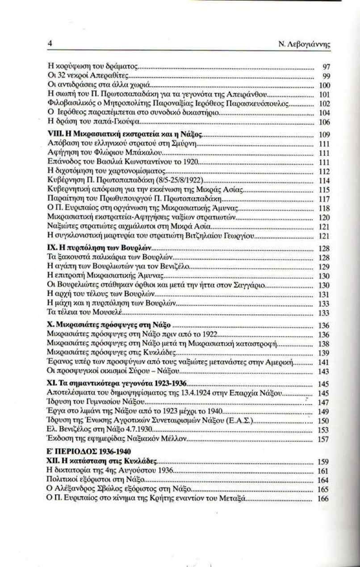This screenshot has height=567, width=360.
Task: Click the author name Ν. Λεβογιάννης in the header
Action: click(x=305, y=45)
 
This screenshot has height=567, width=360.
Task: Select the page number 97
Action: click(x=326, y=67)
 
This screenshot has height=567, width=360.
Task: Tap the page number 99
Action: click(x=326, y=76)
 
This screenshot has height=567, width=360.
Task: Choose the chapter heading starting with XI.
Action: click(x=117, y=384)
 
